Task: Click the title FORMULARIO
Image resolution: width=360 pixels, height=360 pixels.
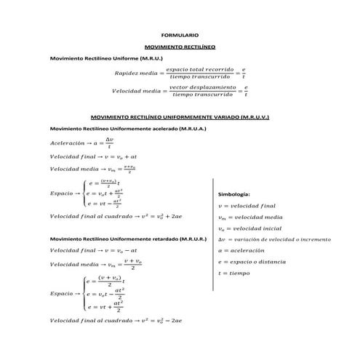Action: [179, 35]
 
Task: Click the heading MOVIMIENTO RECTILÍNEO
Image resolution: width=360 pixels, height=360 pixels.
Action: [179, 46]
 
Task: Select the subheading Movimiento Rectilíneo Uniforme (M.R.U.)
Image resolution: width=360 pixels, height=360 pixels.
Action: [106, 57]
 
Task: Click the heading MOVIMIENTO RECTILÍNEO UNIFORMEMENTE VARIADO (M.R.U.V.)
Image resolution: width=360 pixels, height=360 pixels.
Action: [179, 116]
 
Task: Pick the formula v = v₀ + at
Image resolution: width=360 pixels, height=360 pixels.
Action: [125, 156]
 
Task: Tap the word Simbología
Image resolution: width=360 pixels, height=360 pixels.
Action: [234, 195]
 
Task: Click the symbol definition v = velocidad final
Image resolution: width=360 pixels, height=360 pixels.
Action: [247, 206]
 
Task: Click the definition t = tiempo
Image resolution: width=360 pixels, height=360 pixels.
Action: [234, 273]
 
